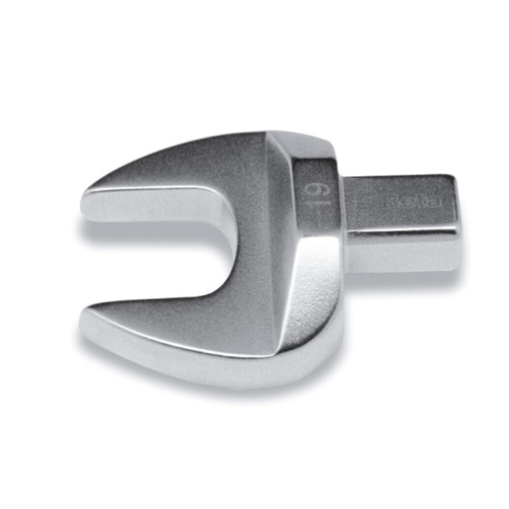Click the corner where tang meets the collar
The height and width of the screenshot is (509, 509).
344,185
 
